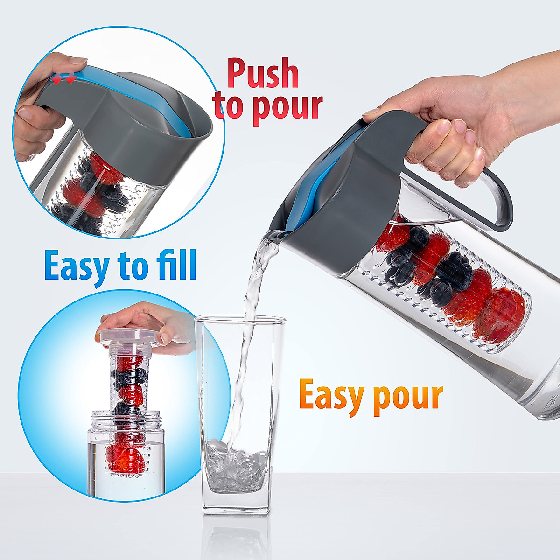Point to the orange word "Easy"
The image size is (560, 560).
(331, 396)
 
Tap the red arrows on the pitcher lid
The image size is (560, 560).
(63, 80)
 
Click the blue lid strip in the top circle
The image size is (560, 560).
(140, 93)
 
